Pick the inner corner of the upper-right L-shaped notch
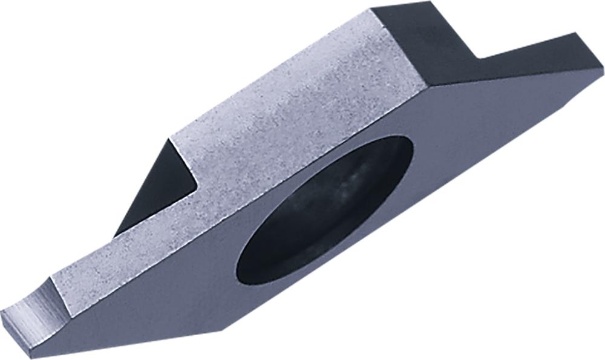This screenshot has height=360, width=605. pos(481,59)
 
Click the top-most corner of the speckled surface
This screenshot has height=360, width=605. pos(370,9)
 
